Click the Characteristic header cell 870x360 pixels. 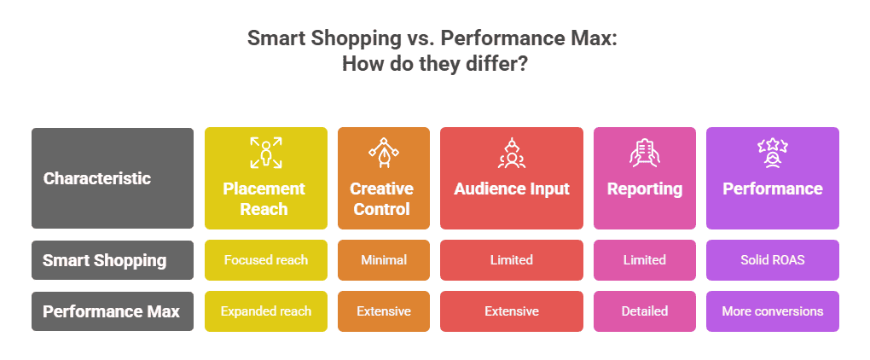click(113, 178)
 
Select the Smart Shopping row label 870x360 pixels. click(113, 260)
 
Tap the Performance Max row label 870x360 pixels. click(113, 311)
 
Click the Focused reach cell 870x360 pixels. click(266, 260)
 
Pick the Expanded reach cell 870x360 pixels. click(266, 311)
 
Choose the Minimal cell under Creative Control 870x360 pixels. click(384, 260)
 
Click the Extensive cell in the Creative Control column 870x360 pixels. click(384, 311)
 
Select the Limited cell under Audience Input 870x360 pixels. click(512, 260)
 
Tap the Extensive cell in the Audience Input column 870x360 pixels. click(512, 311)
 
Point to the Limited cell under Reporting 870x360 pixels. click(644, 260)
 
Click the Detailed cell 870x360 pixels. click(644, 311)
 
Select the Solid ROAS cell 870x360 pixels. click(773, 260)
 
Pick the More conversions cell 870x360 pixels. click(773, 311)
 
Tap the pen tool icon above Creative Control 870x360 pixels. click(384, 153)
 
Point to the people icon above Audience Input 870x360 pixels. click(512, 153)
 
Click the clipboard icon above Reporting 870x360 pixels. click(644, 153)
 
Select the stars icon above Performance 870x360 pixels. click(773, 153)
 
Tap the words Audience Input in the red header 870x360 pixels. click(512, 189)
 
